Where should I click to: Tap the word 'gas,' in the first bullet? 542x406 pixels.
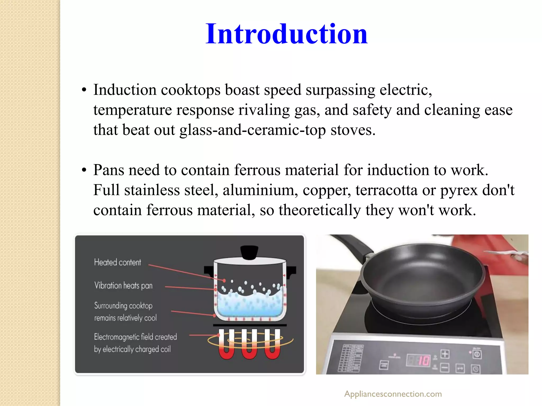point(307,110)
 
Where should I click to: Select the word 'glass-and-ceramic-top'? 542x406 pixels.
point(252,130)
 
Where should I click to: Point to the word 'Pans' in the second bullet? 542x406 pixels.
point(109,170)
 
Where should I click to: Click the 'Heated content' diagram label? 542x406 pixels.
point(118,262)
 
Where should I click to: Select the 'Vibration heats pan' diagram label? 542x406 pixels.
point(123,285)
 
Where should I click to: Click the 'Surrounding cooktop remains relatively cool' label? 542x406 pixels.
point(125,312)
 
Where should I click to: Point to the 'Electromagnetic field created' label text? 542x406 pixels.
point(135,337)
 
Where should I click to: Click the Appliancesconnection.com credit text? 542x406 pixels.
point(393,394)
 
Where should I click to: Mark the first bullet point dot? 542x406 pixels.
point(84,90)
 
